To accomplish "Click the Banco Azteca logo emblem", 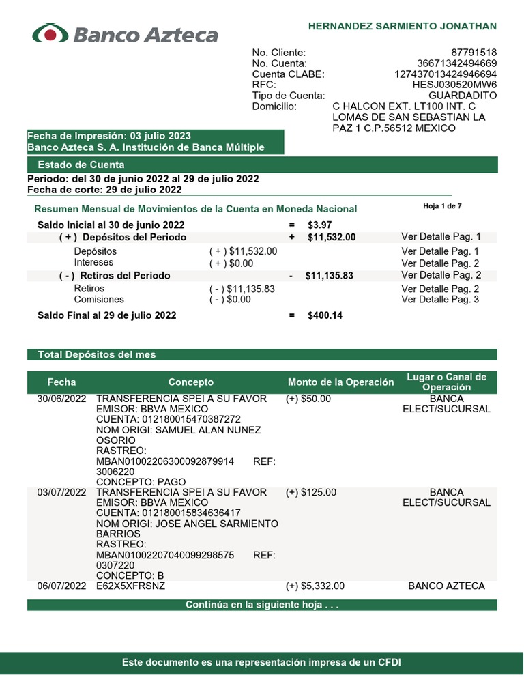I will [50, 34].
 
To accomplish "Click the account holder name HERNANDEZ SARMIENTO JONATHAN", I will [403, 26].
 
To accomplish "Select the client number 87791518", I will [474, 53].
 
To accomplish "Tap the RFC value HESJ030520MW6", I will [454, 85].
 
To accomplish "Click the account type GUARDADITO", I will [463, 96].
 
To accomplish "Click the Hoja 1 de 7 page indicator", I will [442, 205].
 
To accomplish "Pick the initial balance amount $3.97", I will [320, 225].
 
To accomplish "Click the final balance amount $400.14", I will [325, 315].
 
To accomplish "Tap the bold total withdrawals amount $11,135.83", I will [330, 276].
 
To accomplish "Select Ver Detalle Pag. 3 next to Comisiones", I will [440, 300].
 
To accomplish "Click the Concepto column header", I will [191, 382].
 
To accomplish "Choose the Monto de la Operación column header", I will [341, 382].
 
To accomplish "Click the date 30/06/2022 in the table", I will [61, 399].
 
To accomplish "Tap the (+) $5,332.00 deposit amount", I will [315, 586].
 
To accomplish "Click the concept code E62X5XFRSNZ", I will [131, 586].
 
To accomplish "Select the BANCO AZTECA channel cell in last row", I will [446, 586].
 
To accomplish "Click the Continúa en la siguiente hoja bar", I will [262, 605].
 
